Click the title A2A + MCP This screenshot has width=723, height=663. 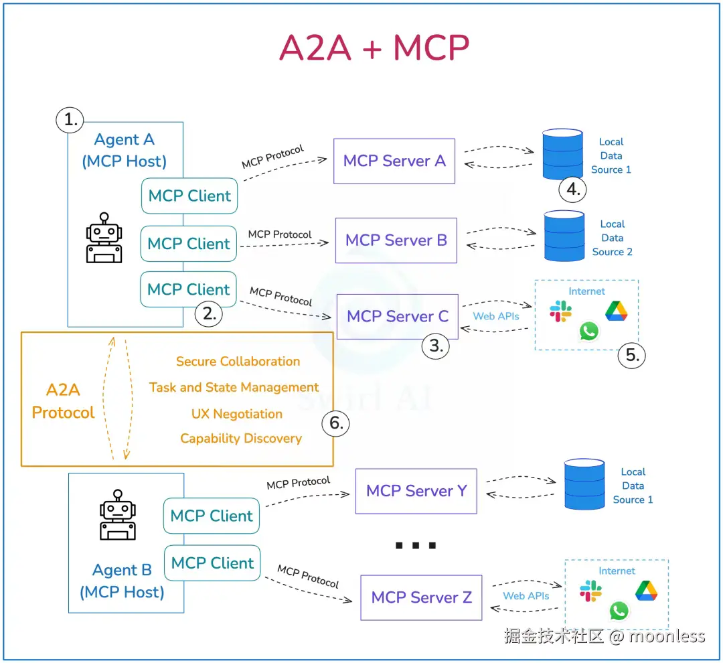click(x=374, y=48)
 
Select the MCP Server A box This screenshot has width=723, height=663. click(x=394, y=161)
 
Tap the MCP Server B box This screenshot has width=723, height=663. click(x=396, y=240)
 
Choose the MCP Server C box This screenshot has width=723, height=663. click(x=397, y=316)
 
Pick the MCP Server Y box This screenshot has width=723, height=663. click(x=416, y=491)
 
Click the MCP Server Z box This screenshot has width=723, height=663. click(x=421, y=597)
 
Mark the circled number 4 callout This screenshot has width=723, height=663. click(x=572, y=190)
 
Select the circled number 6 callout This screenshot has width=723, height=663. click(x=336, y=423)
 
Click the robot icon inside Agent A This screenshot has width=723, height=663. click(x=104, y=238)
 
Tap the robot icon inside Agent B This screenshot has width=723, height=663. click(x=118, y=514)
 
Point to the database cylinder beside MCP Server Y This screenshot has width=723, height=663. click(x=584, y=484)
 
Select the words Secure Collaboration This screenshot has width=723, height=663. click(x=238, y=362)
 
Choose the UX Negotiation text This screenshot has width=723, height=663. click(x=237, y=414)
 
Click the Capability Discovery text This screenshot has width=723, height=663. click(x=241, y=439)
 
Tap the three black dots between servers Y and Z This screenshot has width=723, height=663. click(x=416, y=546)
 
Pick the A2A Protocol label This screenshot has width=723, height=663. click(x=63, y=401)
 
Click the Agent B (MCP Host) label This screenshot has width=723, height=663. click(x=122, y=581)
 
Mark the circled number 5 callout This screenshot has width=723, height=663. click(x=632, y=355)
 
